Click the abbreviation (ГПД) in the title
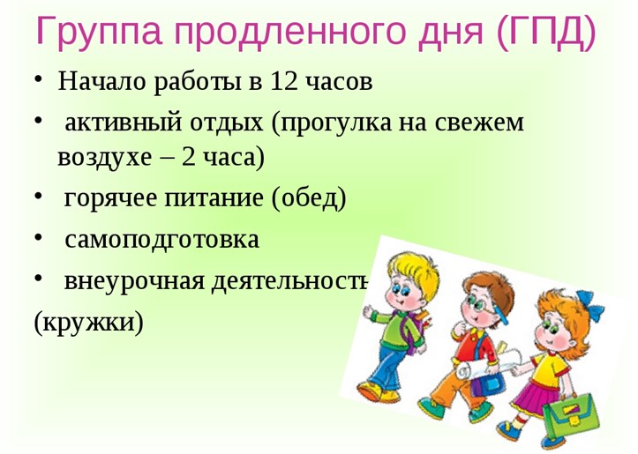pyautogui.click(x=546, y=33)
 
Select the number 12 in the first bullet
pyautogui.click(x=283, y=80)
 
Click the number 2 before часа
pyautogui.click(x=188, y=157)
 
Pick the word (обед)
pyautogui.click(x=309, y=198)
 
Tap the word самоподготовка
pyautogui.click(x=162, y=240)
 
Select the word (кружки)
pyautogui.click(x=89, y=323)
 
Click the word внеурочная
pyautogui.click(x=134, y=281)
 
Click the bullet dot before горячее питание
pyautogui.click(x=38, y=196)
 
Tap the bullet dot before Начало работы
pyautogui.click(x=38, y=78)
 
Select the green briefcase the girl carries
pyautogui.click(x=570, y=413)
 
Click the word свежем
pyautogui.click(x=479, y=123)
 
